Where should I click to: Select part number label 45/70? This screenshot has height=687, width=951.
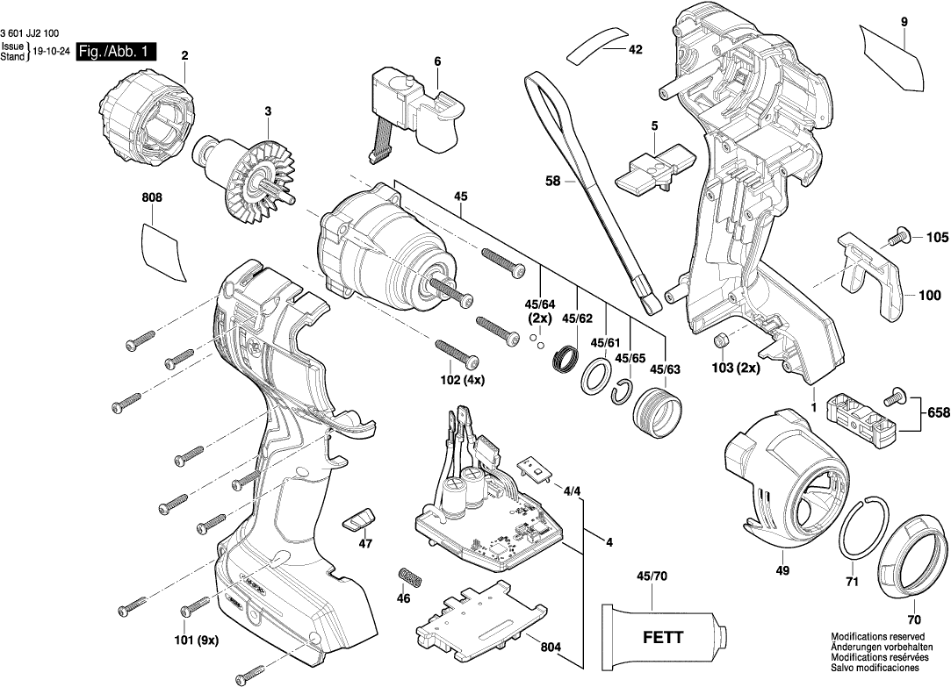coord(652,576)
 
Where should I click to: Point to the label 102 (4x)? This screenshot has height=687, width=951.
coord(463,380)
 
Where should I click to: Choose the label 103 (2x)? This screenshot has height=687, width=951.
coord(736,368)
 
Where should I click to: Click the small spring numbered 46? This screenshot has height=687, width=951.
coord(409,579)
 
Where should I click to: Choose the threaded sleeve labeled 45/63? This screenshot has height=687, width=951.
coord(658,411)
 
